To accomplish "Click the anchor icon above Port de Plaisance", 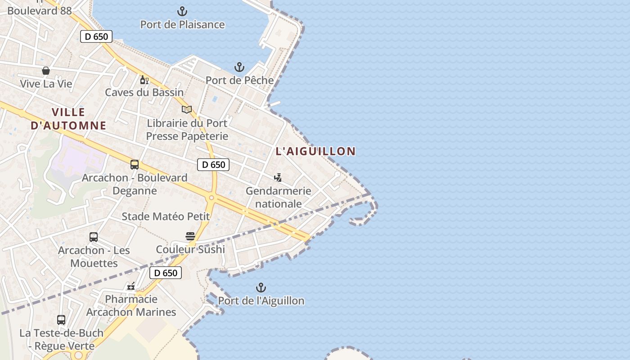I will tap(182, 11).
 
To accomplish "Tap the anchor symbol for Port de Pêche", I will tap(239, 67).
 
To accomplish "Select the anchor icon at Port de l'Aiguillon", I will tap(261, 288).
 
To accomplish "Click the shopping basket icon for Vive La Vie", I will tap(46, 71).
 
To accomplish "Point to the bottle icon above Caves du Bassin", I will tap(144, 80).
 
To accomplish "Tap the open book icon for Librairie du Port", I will tap(187, 109).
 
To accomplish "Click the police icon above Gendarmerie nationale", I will tap(278, 178).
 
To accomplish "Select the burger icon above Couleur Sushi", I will tap(190, 236).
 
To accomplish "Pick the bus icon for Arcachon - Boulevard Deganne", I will tap(135, 165).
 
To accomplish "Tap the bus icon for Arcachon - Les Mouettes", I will tap(94, 237).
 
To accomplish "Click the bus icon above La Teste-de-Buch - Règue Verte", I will tap(61, 320).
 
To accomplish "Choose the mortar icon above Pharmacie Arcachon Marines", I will tap(131, 286).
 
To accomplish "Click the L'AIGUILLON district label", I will tap(315, 151).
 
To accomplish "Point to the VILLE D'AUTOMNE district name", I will tap(68, 119).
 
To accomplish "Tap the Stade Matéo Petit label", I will tap(166, 216).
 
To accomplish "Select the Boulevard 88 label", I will tap(40, 11).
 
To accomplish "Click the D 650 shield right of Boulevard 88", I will tap(96, 36).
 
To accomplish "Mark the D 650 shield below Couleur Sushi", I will tap(166, 273).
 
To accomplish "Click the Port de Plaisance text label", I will tap(182, 25).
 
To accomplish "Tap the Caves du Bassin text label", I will tap(144, 92).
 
